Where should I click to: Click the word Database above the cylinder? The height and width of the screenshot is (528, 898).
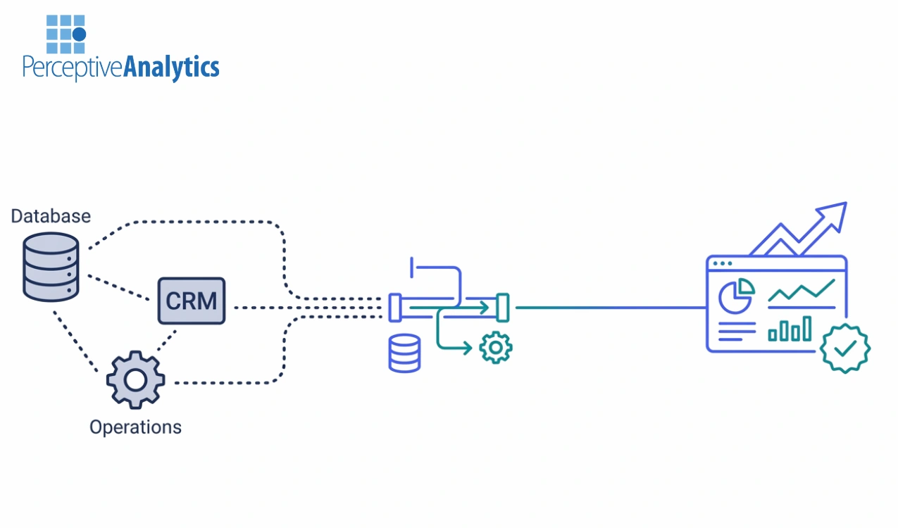click(x=51, y=215)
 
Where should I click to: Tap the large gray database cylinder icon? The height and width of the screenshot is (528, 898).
click(x=50, y=267)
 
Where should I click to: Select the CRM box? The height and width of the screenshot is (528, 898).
click(x=191, y=301)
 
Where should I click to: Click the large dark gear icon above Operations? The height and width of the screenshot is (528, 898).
click(x=135, y=380)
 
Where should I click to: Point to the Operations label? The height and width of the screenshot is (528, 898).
click(x=135, y=427)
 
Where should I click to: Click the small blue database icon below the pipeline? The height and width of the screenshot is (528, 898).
click(x=404, y=353)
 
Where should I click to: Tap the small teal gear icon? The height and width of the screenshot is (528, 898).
click(x=495, y=347)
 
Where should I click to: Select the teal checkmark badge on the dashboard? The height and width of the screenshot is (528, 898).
click(x=845, y=348)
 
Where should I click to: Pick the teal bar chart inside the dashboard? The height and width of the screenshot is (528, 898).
click(x=790, y=329)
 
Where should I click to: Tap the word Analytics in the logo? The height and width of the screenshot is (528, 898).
click(x=171, y=67)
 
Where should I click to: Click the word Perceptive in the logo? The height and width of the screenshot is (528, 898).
click(x=73, y=67)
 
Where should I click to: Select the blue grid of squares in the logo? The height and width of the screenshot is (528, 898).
click(x=66, y=34)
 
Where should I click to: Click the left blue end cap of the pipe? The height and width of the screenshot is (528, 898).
click(x=395, y=308)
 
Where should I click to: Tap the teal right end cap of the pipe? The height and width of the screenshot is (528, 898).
click(x=502, y=308)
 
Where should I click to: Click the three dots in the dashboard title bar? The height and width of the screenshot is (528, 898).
click(x=723, y=265)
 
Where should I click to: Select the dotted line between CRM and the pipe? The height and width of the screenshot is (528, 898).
click(x=303, y=308)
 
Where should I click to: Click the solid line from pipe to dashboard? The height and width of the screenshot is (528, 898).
click(x=610, y=308)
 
